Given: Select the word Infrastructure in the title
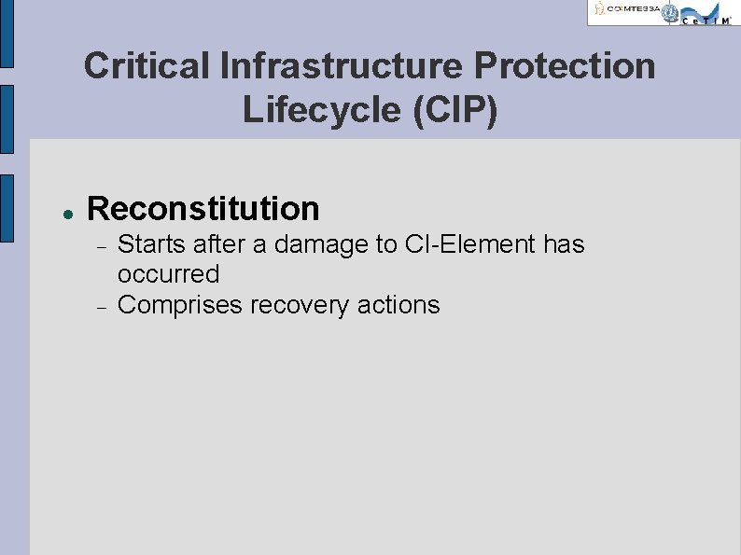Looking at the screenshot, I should coord(341,66).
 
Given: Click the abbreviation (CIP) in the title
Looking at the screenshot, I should coord(453,110).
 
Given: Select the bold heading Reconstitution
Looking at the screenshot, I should coord(203,208).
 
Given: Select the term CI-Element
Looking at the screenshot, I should coord(471,244).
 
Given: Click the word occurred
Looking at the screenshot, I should coord(168,274).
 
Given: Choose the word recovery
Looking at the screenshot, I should coord(303,305).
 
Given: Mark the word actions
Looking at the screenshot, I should coord(399,305).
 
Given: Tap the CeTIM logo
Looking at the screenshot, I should coord(706,13).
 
